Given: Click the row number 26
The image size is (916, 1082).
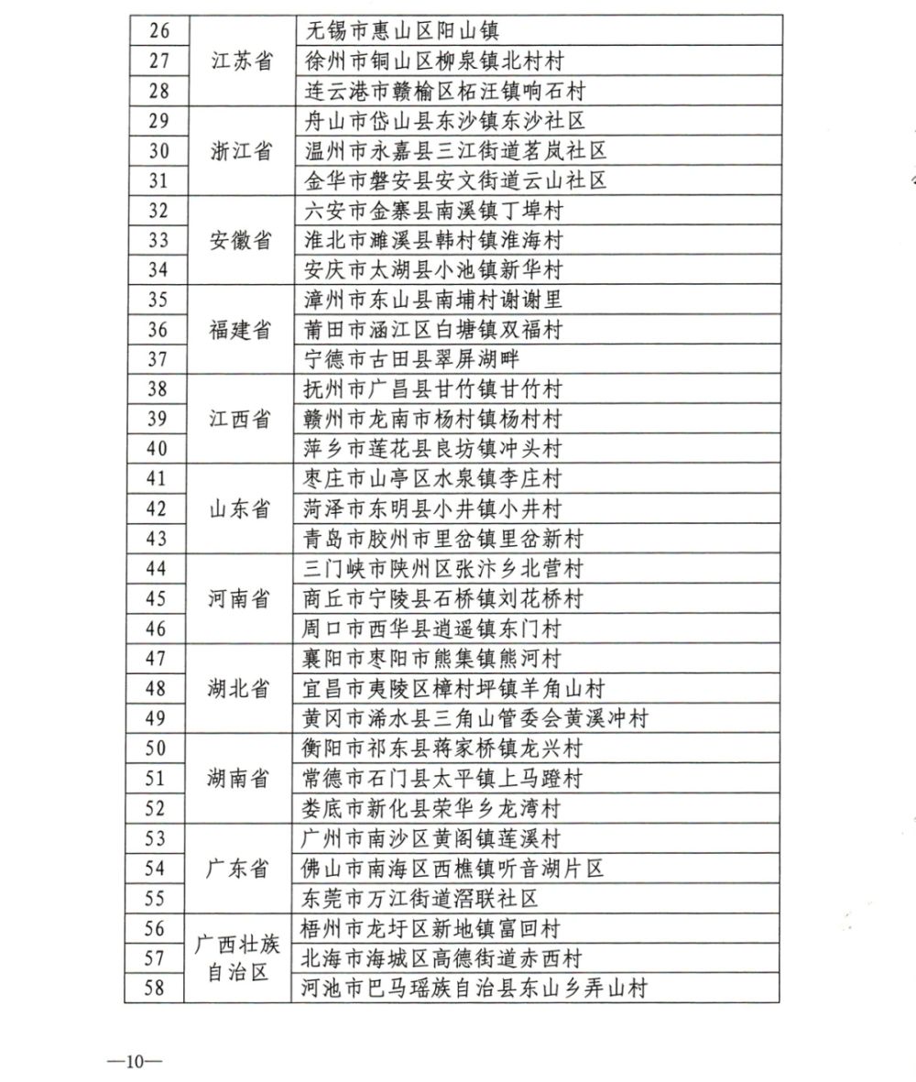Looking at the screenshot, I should pyautogui.click(x=157, y=31).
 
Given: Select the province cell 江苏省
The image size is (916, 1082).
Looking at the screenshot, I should pyautogui.click(x=241, y=61).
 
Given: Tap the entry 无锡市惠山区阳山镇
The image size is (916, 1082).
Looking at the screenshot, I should pyautogui.click(x=400, y=31).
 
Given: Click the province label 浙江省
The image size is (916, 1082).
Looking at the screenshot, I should pyautogui.click(x=241, y=150).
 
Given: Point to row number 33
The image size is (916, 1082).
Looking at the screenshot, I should pyautogui.click(x=157, y=240).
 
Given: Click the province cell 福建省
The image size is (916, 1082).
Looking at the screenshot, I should pyautogui.click(x=241, y=330).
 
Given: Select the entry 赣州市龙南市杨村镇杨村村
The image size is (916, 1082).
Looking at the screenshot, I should pyautogui.click(x=432, y=419).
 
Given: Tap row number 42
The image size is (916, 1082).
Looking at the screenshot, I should pyautogui.click(x=157, y=508).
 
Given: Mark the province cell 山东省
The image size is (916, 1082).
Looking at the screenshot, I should pyautogui.click(x=241, y=508).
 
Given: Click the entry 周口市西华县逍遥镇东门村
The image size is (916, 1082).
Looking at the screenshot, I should pyautogui.click(x=432, y=628).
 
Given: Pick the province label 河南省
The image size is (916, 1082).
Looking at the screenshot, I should pyautogui.click(x=241, y=598).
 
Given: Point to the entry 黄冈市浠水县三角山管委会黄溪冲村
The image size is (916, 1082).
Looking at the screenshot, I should pyautogui.click(x=475, y=718).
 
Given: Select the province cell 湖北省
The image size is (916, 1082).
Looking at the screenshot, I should pyautogui.click(x=241, y=688).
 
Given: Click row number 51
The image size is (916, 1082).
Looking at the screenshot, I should pyautogui.click(x=157, y=778).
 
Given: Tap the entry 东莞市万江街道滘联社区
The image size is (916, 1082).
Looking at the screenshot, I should pyautogui.click(x=420, y=898).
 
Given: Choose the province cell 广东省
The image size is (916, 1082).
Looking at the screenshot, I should pyautogui.click(x=241, y=868).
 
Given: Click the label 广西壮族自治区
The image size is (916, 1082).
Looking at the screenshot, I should pyautogui.click(x=241, y=957).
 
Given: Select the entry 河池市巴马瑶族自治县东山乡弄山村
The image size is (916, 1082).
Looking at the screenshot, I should pyautogui.click(x=475, y=989).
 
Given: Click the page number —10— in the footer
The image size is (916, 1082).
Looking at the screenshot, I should pyautogui.click(x=134, y=1062).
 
